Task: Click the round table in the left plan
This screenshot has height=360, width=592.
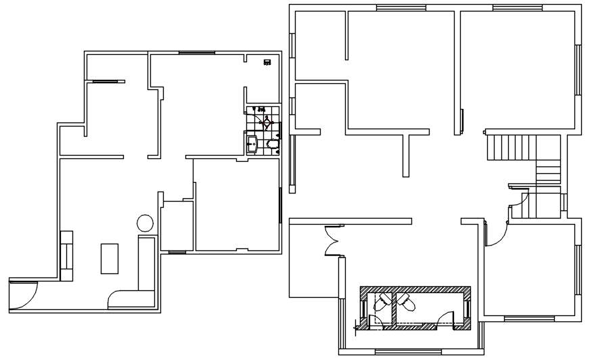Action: point(145,223)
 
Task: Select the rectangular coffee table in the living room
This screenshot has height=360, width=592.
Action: point(110,258)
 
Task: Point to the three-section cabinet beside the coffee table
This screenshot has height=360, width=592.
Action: point(67,255)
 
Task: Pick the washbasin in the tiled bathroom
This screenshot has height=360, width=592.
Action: point(252,143)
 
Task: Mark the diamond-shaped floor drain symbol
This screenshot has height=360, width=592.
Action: point(267,122)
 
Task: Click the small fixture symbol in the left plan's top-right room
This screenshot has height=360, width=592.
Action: point(267,62)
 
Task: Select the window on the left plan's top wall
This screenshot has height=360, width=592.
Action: point(197,52)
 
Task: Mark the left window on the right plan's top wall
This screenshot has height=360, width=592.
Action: point(396,7)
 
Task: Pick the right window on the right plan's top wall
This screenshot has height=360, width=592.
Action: point(518,7)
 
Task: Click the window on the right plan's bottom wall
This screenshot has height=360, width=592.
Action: point(403,350)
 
